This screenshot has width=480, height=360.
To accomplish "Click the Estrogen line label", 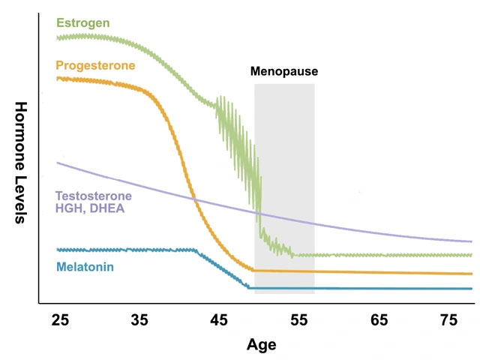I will pyautogui.click(x=83, y=22).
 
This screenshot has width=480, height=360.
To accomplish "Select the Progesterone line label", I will pyautogui.click(x=96, y=65).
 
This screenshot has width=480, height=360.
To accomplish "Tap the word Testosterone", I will pyautogui.click(x=93, y=196).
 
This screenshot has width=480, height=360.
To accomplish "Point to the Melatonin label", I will pyautogui.click(x=85, y=266).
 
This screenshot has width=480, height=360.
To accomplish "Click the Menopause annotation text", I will pyautogui.click(x=284, y=72).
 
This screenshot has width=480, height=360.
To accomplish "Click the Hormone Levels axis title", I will pyautogui.click(x=20, y=163).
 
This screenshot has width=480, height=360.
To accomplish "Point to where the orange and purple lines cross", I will pyautogui.click(x=194, y=199).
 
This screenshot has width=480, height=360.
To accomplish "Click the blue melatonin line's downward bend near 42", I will pyautogui.click(x=196, y=250).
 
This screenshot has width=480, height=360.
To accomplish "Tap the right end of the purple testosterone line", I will pyautogui.click(x=472, y=241).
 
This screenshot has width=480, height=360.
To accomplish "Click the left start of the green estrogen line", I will pyautogui.click(x=58, y=36).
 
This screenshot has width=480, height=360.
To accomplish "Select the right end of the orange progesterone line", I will pyautogui.click(x=472, y=274).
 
